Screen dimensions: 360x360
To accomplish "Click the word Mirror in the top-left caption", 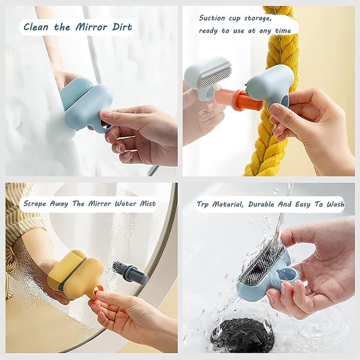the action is click(91, 27).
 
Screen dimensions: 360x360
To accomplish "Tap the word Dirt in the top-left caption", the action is click(122, 27).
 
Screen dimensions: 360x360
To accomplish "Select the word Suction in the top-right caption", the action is click(212, 18).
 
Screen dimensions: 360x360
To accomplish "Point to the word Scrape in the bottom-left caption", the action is click(35, 204).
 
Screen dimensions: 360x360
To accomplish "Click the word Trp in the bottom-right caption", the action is click(203, 205).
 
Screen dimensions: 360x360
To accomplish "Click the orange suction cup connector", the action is click(248, 100).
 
